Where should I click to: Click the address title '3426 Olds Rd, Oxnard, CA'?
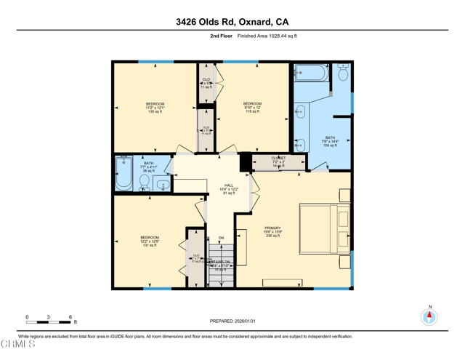click(232, 22)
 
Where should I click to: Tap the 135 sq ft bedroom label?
click(155, 108)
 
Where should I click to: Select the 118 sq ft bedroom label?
click(252, 108)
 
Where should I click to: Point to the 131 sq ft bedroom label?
click(150, 241)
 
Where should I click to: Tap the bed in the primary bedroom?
click(325, 228)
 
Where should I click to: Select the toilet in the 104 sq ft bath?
click(343, 73)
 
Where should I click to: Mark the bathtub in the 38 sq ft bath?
click(124, 175)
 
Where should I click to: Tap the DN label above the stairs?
click(222, 238)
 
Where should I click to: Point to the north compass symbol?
click(429, 316)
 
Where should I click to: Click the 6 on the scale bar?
click(70, 317)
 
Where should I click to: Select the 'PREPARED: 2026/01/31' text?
click(232, 321)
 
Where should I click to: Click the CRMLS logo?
click(17, 344)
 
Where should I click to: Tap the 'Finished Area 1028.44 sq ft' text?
click(267, 36)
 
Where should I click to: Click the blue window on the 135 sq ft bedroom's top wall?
click(155, 62)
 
